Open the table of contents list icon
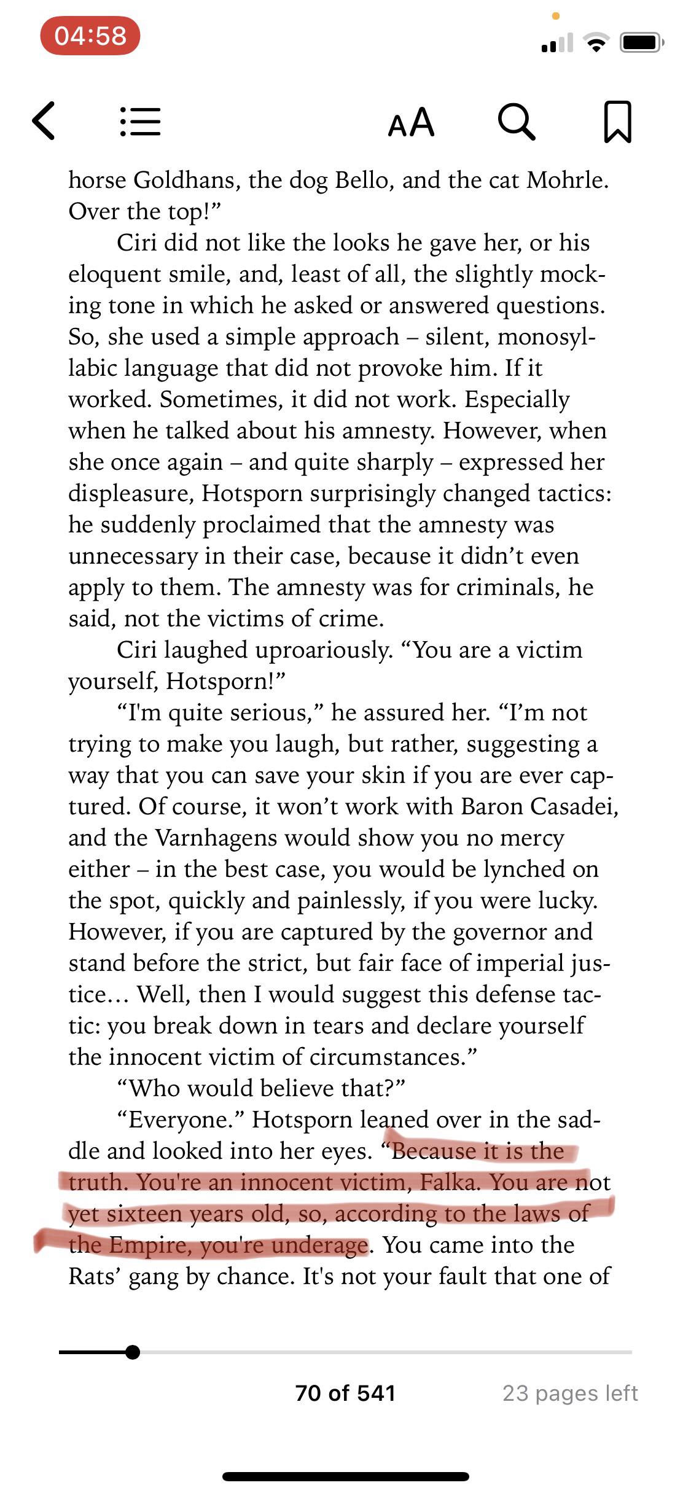coord(140,122)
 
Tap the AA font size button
coord(411,122)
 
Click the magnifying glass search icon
coord(516,122)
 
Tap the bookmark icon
coord(617,122)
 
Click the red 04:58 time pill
coord(90,36)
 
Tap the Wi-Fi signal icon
coord(595,43)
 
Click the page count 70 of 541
coord(345,1392)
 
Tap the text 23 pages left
coord(570,1392)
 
